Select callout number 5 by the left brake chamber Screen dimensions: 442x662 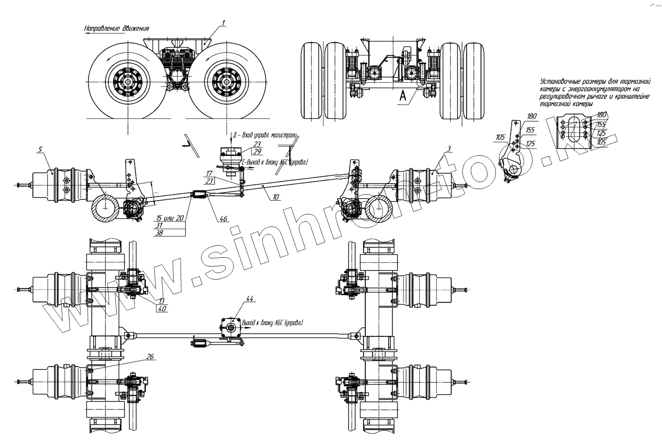[40, 150]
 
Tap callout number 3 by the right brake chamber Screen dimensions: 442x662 [448, 150]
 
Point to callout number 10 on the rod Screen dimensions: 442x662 [276, 197]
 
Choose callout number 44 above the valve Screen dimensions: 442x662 [250, 299]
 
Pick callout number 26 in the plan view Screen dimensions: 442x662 [150, 357]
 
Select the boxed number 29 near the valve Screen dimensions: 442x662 [257, 151]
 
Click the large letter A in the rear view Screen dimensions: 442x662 [403, 97]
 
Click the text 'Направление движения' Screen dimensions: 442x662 [116, 28]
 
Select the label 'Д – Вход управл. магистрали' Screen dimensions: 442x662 [266, 134]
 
